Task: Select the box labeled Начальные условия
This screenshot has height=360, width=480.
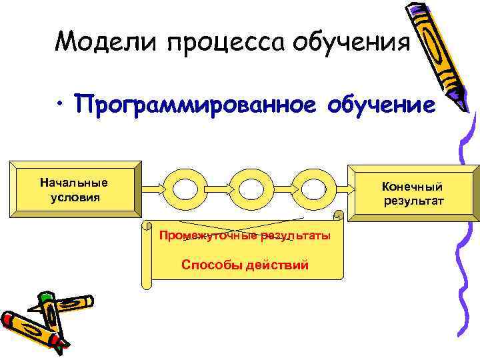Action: click(74, 190)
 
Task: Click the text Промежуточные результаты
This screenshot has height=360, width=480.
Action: click(244, 237)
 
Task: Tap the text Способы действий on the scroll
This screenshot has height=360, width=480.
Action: click(245, 265)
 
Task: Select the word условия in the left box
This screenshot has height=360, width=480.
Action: click(74, 197)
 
